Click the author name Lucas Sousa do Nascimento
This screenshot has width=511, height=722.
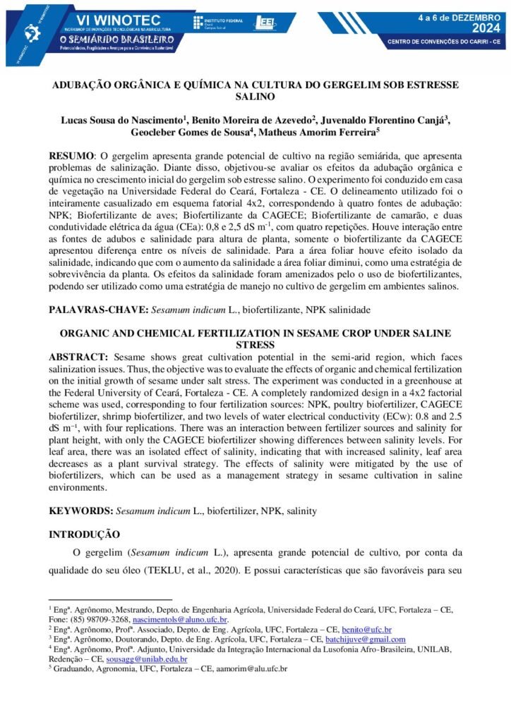pyautogui.click(x=124, y=120)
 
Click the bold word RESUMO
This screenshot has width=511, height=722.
pyautogui.click(x=71, y=155)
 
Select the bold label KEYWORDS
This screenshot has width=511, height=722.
pyautogui.click(x=78, y=510)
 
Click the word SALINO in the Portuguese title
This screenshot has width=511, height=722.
pyautogui.click(x=255, y=97)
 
